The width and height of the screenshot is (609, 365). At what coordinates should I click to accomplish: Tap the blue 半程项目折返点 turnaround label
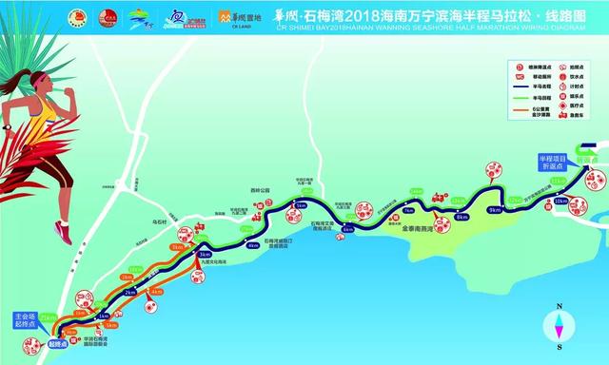click(554, 163)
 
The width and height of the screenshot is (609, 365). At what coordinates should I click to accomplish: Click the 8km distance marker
click(462, 218)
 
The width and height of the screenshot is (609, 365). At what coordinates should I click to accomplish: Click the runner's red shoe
click(62, 229)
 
